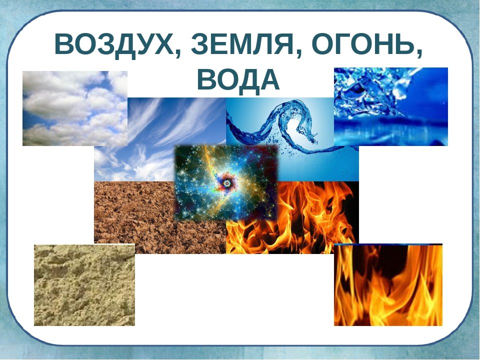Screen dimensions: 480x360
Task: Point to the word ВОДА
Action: point(238,80)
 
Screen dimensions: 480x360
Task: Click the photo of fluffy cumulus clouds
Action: point(75,108)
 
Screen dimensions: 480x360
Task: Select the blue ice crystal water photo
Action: point(391,106)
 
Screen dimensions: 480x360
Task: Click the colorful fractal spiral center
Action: point(227,183)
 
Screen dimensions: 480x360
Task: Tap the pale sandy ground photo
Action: point(84,285)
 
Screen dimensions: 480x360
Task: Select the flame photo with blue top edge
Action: point(388,284)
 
